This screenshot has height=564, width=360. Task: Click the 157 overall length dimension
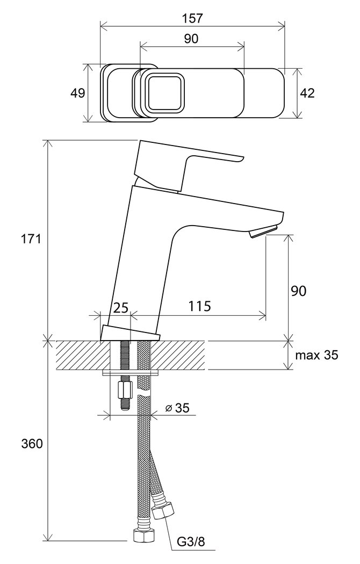[192, 18]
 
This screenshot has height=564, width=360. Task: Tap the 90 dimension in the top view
[191, 39]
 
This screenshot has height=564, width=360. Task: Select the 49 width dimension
[78, 93]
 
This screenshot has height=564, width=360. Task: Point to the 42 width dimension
[307, 93]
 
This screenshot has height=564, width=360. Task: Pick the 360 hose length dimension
[32, 444]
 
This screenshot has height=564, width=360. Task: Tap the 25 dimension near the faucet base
[121, 308]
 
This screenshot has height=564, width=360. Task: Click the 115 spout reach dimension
[199, 306]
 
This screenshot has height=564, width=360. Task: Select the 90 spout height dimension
[299, 291]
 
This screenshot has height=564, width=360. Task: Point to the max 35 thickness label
[316, 356]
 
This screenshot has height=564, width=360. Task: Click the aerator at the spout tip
[264, 230]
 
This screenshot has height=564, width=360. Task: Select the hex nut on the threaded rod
[125, 390]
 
